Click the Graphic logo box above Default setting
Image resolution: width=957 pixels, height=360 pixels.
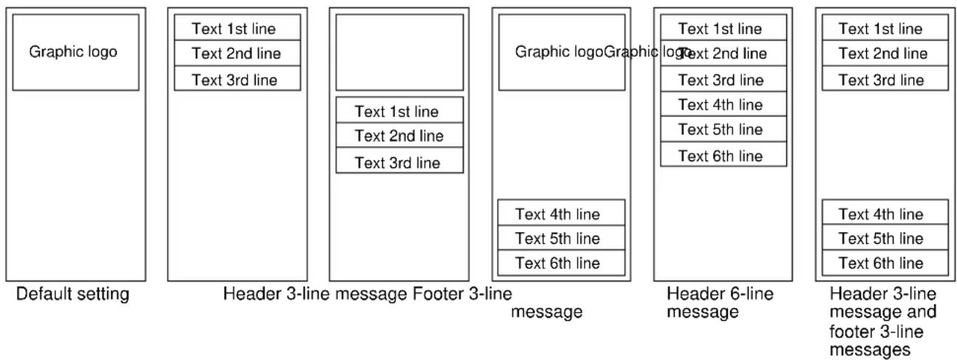tap(75, 52)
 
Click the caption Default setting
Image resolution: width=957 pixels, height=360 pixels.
tap(73, 295)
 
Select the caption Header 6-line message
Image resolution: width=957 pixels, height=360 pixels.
tap(720, 303)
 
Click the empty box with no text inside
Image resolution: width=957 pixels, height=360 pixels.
tap(399, 52)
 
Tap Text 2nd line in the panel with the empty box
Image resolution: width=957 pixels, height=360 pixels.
tap(399, 136)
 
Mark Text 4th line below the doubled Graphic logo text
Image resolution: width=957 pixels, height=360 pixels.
tap(558, 214)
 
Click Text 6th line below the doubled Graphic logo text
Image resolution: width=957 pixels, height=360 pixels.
tap(558, 263)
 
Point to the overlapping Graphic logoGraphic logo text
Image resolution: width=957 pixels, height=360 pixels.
tap(602, 52)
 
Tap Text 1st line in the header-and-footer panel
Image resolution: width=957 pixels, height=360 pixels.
tap(881, 29)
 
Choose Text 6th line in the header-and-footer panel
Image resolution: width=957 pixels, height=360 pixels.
tap(881, 263)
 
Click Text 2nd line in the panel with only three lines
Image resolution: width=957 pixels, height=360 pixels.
tap(236, 53)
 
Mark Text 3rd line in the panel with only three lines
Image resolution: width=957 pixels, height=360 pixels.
tap(236, 80)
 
